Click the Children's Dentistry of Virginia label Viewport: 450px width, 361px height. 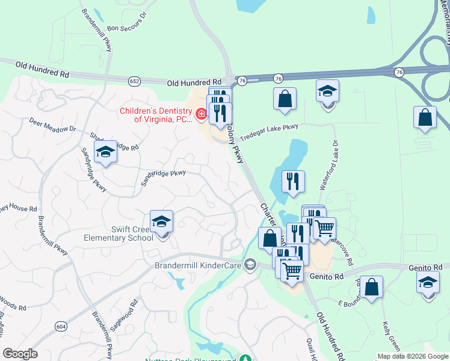pos(156,114)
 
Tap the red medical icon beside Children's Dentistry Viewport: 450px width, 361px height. pos(200,113)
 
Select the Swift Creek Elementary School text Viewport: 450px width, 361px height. pos(132,233)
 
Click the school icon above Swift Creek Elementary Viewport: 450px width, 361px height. pos(161,222)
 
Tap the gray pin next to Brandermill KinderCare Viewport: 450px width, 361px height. pos(250,265)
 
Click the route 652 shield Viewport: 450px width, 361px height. pos(135,80)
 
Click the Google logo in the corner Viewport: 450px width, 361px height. pos(20,353)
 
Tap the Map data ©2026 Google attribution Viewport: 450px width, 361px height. pos(412,356)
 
